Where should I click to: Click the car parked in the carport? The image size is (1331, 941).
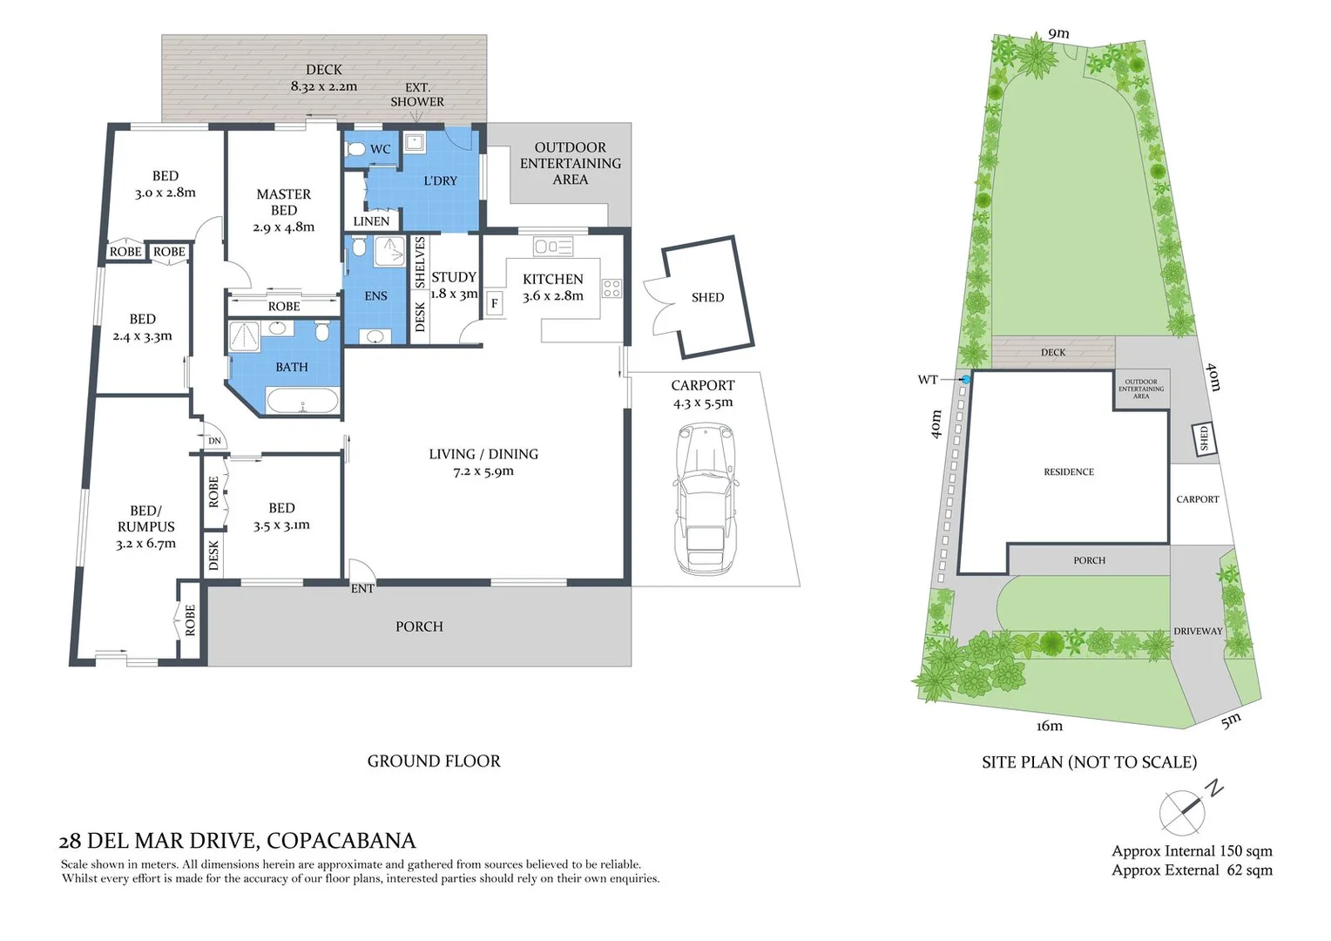704,498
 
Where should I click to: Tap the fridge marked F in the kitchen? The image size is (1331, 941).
495,303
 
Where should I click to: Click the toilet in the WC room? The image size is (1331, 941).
355,150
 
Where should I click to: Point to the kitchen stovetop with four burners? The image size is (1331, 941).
611,288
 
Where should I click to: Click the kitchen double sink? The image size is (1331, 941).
553,247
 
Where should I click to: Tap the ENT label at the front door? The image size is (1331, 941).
362,589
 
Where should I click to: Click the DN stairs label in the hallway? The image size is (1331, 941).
214,441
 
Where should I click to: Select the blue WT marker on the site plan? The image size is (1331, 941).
965,380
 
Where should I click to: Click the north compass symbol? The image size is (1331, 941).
1183,812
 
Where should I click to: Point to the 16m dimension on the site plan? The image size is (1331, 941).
1050,726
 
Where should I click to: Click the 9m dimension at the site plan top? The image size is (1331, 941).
1058,34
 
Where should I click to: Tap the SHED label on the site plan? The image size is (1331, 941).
1205,437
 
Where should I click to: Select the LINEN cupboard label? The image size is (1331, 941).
371,221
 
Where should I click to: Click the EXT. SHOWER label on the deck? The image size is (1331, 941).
417,94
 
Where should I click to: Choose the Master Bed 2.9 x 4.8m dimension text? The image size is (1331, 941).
284,227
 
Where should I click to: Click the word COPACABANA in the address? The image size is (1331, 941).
341,841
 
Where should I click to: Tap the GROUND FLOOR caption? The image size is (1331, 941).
434,762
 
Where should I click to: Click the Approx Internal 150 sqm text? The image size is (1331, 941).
1192,851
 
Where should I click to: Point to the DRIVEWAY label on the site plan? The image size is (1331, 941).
1198,631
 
